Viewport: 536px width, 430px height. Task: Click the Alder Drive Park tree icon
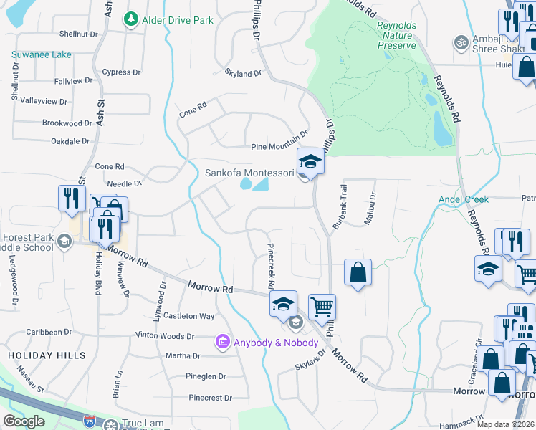[130, 19]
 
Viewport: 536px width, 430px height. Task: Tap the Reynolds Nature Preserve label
[396, 35]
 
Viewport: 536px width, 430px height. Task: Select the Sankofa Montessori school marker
[311, 163]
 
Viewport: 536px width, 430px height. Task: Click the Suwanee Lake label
[42, 54]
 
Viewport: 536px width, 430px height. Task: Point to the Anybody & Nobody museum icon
[223, 343]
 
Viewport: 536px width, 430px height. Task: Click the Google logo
[24, 421]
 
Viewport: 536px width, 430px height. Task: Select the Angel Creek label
[464, 199]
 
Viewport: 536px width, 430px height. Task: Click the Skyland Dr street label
[243, 73]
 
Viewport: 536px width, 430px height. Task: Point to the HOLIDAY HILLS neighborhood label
[47, 355]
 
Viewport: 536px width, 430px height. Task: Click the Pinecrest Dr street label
[207, 398]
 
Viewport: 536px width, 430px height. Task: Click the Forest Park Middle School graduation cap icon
[64, 242]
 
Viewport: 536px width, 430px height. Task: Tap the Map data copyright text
[506, 424]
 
